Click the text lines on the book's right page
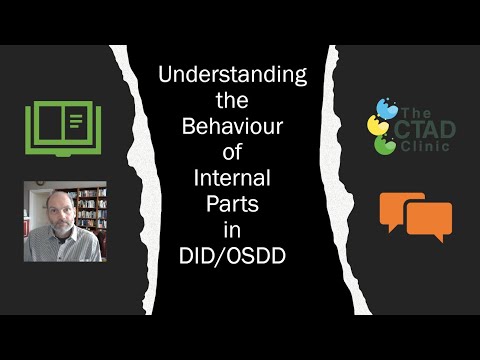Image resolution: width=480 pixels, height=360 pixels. pyautogui.click(x=76, y=124)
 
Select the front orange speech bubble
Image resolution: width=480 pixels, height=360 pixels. pyautogui.click(x=429, y=221)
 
